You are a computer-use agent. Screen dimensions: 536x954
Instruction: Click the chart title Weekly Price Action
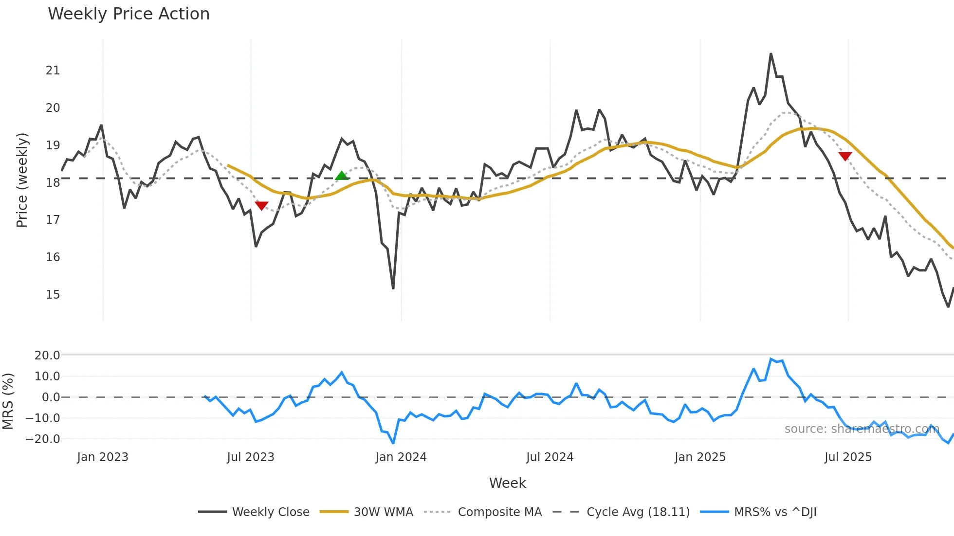coord(128,14)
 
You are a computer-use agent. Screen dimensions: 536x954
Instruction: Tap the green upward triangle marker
coord(342,176)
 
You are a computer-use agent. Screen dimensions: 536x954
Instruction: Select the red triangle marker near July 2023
coord(262,206)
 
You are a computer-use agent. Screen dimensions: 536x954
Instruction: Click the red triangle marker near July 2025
coord(845,156)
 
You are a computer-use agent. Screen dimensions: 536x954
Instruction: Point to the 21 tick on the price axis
coord(53,71)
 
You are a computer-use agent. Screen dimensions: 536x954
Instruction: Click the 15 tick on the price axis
coord(53,295)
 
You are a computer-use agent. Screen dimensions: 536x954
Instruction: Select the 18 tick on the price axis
coord(53,183)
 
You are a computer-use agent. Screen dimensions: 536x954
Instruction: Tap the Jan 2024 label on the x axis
coord(401,457)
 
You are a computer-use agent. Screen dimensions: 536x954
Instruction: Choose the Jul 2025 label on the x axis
coord(848,457)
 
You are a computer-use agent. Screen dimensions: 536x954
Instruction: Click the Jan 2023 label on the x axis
coord(103,457)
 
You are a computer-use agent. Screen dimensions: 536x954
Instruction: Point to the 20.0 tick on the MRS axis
coord(47,356)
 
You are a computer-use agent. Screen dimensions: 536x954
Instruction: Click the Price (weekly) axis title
coord(22,180)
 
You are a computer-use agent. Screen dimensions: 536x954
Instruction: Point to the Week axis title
coord(507,483)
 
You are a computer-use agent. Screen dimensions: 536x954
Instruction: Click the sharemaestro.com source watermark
coord(862,429)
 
